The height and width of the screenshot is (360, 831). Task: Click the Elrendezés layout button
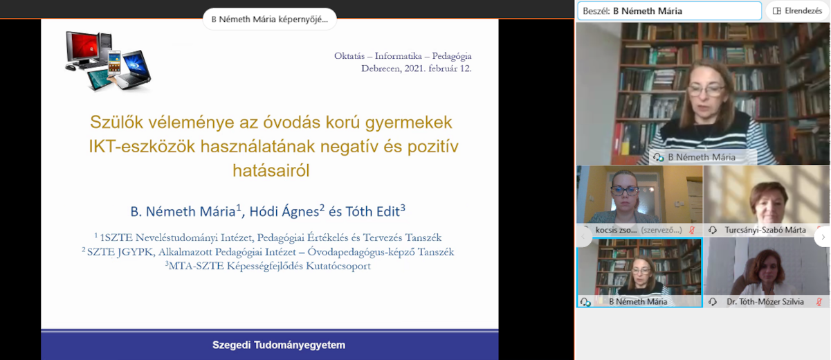[797, 11]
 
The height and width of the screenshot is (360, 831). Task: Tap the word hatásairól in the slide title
[271, 171]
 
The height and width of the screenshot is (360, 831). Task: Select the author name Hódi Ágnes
[284, 212]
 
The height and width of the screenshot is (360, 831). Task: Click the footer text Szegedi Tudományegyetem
[279, 345]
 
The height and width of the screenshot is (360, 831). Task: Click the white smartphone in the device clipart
[114, 62]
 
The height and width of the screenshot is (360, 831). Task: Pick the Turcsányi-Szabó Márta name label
[765, 230]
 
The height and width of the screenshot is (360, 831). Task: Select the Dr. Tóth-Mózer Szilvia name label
[765, 302]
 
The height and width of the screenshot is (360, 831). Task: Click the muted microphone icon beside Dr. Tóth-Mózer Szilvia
[819, 302]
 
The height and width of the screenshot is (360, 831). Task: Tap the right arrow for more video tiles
[823, 237]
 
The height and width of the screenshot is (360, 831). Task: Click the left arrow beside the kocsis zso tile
[583, 237]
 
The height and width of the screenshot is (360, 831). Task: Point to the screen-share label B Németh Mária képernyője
[270, 19]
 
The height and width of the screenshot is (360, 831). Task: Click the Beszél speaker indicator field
[669, 11]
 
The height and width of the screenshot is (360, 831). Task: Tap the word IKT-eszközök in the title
[142, 146]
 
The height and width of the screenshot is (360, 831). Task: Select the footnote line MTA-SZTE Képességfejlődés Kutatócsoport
[268, 266]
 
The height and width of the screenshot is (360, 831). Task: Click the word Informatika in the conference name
[398, 56]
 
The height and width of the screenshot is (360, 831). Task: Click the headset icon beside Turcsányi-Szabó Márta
[712, 230]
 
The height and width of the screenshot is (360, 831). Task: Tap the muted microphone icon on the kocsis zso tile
[692, 230]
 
